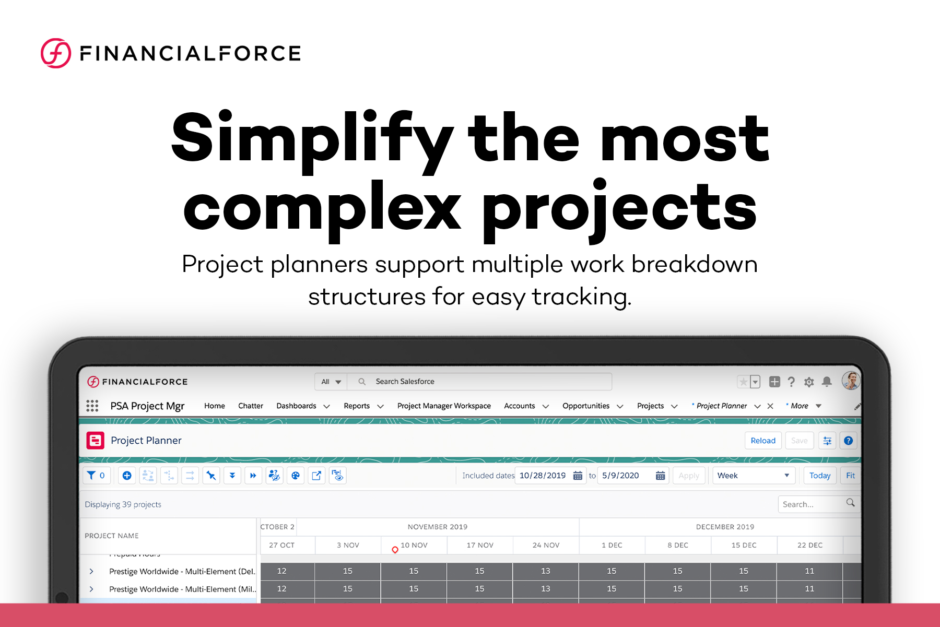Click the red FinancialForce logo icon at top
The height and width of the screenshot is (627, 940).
coord(56,53)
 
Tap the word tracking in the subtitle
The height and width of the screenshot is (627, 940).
coord(581,297)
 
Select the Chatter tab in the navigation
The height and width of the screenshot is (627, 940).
coord(250,406)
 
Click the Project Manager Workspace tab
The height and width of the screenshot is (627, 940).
coord(444,406)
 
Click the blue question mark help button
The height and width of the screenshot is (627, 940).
coord(848,441)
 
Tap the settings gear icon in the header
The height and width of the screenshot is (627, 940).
coord(809,382)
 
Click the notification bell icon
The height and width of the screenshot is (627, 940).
coord(827,382)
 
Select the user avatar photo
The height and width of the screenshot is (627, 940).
coord(851,381)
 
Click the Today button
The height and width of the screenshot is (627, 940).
coord(819,476)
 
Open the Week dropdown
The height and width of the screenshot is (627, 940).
coord(753,476)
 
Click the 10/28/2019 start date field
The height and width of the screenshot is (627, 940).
coord(543,476)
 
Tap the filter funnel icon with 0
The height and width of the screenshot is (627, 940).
coord(96,476)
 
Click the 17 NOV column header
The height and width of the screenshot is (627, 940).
coord(479,545)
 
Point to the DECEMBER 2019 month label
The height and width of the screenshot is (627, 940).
coord(724,527)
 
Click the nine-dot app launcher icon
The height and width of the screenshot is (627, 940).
coord(92,406)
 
